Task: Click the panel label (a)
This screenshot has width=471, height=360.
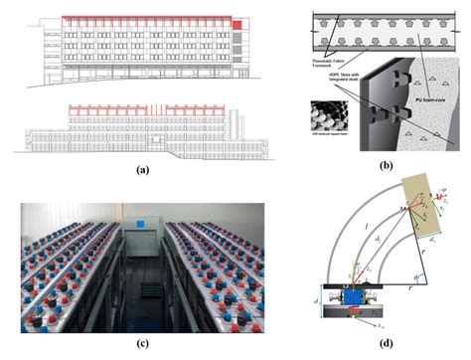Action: (x=143, y=171)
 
